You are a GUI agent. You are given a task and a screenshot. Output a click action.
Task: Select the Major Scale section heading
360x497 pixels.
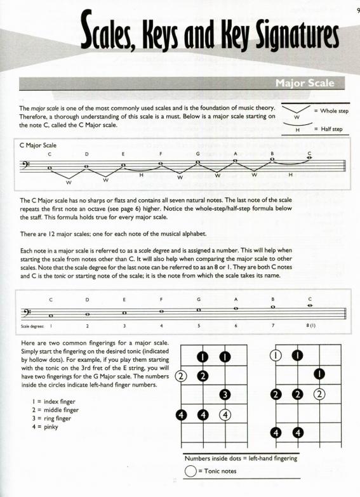(305, 83)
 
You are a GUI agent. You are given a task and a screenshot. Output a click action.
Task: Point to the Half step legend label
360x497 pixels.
(331, 129)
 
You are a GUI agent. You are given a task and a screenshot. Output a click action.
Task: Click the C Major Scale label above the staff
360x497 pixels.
(37, 145)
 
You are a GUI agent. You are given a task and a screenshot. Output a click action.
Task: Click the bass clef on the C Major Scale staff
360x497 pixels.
(25, 165)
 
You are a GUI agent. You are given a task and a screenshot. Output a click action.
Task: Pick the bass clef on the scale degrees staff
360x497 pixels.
(25, 312)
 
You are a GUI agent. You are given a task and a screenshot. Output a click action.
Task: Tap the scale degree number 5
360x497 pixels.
(199, 326)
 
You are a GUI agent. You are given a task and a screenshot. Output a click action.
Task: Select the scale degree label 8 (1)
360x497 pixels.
(311, 326)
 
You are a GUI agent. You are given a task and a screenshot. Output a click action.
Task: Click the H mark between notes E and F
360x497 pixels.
(141, 175)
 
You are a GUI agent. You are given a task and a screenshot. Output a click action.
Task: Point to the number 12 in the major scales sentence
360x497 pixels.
(51, 234)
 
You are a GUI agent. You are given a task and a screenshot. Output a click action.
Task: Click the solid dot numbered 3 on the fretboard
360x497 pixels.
(225, 395)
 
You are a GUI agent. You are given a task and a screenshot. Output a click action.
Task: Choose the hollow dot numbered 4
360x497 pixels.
(225, 415)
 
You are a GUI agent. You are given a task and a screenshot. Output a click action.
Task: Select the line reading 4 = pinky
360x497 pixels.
(45, 427)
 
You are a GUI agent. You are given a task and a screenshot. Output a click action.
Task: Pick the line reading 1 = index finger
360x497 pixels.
(53, 402)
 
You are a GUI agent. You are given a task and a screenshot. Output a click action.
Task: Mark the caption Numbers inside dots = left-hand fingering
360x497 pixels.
(241, 458)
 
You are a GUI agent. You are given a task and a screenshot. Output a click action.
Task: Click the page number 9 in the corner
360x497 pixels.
(359, 11)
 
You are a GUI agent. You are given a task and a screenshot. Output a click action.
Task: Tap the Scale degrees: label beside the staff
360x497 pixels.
(32, 326)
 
